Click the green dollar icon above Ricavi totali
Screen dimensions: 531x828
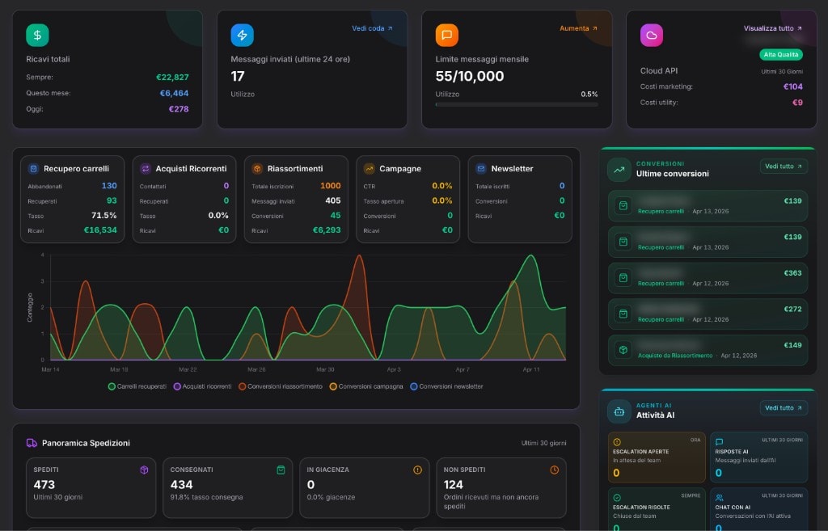click(37, 36)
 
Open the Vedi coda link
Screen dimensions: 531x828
click(372, 28)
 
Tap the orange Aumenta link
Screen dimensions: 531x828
click(578, 28)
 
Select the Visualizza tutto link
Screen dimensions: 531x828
click(773, 28)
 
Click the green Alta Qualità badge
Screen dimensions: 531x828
click(780, 55)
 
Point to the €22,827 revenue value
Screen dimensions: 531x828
click(172, 78)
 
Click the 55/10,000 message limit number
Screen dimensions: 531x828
click(469, 77)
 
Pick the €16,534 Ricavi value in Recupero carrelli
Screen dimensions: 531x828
click(100, 230)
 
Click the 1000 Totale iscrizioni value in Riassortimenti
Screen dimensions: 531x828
click(330, 186)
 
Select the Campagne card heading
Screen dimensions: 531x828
click(400, 169)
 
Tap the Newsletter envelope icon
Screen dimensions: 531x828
click(481, 169)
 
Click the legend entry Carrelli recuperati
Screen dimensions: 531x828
click(137, 386)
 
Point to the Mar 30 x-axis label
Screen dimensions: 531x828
click(325, 369)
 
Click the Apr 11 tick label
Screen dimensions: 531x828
click(531, 369)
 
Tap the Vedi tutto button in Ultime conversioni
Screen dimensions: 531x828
click(784, 166)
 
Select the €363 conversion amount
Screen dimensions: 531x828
click(792, 273)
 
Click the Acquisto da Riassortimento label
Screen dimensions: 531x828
click(674, 356)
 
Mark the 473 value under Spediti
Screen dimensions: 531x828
click(44, 485)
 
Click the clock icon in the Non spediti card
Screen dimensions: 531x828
click(554, 470)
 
